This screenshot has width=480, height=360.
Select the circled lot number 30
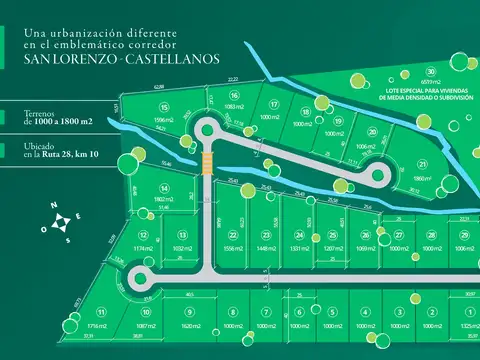pyautogui.click(x=430, y=72)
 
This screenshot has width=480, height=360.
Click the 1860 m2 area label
pyautogui.click(x=424, y=178)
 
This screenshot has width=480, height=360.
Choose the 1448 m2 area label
pyautogui.click(x=265, y=248)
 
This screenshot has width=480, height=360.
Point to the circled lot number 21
pyautogui.click(x=423, y=165)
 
